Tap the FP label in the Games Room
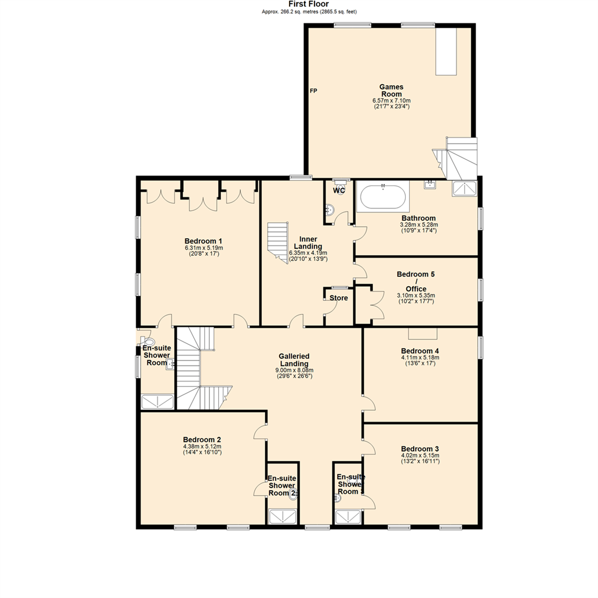tap(313, 91)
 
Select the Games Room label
tap(391, 90)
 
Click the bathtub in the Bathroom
tap(383, 197)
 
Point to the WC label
tap(339, 191)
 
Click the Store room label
tap(338, 298)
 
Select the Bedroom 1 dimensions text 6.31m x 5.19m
tap(203, 248)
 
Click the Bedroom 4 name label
tap(420, 351)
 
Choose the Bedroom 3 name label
tap(420, 448)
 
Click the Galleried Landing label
tap(294, 360)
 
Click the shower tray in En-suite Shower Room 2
tap(283, 517)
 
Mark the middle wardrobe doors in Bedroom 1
tap(200, 200)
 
